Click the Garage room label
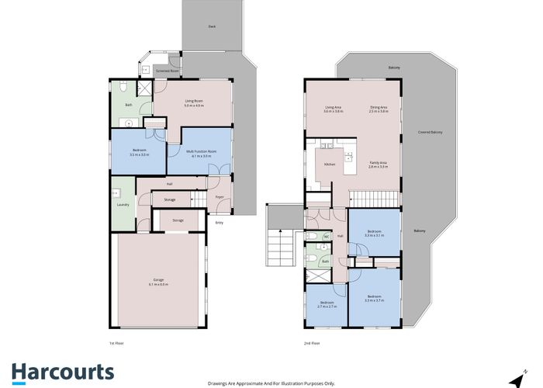coord(158,282)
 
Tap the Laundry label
coord(122,205)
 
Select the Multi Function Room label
coord(201,151)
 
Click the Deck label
coord(211,27)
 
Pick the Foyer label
coord(220,198)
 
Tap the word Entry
coord(219,223)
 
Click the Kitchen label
coord(329,165)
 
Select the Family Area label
coord(379,162)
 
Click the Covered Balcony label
coord(430,133)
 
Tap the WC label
coord(327,236)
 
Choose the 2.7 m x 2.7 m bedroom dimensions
coord(326,307)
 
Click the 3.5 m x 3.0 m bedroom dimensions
coord(138,155)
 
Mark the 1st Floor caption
coord(116,342)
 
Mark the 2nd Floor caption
coord(313,342)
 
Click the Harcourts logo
coord(63,372)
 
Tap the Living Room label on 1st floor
coord(193,101)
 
